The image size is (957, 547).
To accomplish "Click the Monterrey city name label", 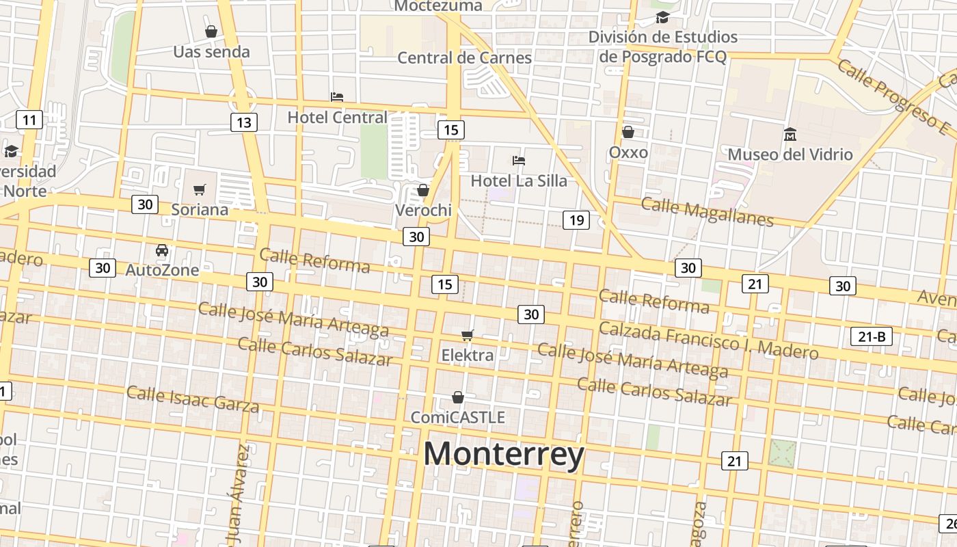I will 504,455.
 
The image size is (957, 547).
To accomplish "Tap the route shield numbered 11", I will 29,120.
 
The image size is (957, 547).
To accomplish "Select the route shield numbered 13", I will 243,122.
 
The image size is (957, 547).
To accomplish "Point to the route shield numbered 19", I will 576,219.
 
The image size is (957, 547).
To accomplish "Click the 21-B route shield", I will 872,336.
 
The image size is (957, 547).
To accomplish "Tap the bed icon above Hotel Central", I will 336,97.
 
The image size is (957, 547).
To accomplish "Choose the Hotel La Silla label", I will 519,181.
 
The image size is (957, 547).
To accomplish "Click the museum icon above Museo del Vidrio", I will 790,134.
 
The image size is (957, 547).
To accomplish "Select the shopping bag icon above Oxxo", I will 628,132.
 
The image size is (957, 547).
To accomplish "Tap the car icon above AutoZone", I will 162,250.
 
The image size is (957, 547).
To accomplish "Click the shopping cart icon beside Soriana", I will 199,189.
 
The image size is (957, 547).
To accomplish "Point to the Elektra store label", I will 467,355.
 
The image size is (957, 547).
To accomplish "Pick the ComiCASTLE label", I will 457,416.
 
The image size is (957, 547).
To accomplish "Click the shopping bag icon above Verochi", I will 423,190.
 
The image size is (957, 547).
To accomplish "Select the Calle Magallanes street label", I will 707,211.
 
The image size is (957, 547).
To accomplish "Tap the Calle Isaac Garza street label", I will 193,399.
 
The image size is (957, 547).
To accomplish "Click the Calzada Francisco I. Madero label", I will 708,340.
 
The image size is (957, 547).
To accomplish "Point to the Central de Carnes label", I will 464,57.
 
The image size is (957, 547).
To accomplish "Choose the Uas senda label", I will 211,51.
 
